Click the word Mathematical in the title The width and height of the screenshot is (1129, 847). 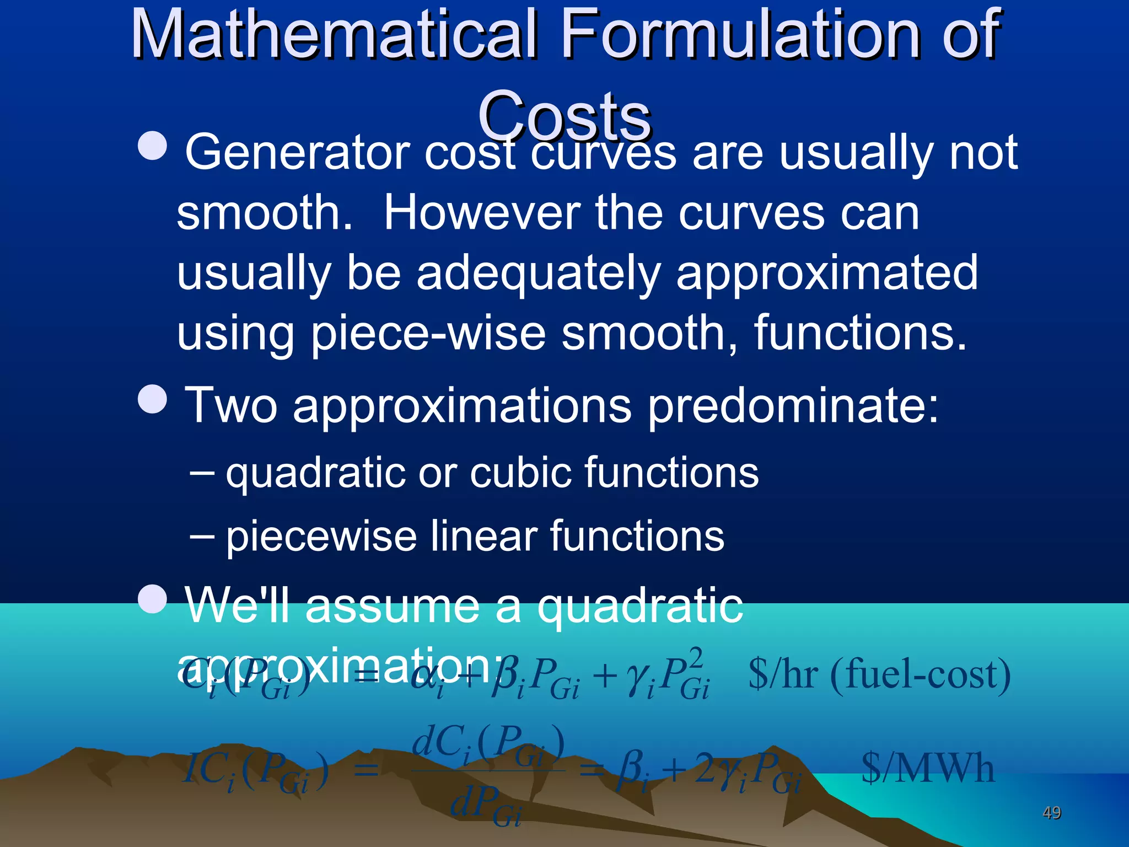pos(334,34)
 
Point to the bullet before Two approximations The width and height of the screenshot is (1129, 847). pos(152,398)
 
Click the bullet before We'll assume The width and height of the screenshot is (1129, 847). pos(152,598)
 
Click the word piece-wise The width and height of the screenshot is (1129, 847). pos(428,334)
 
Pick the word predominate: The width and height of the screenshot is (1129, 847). pos(793,406)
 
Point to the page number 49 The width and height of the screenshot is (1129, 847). pos(1051,812)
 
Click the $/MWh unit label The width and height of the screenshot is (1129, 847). pos(927,769)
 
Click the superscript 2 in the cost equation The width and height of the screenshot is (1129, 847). pos(696,658)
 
